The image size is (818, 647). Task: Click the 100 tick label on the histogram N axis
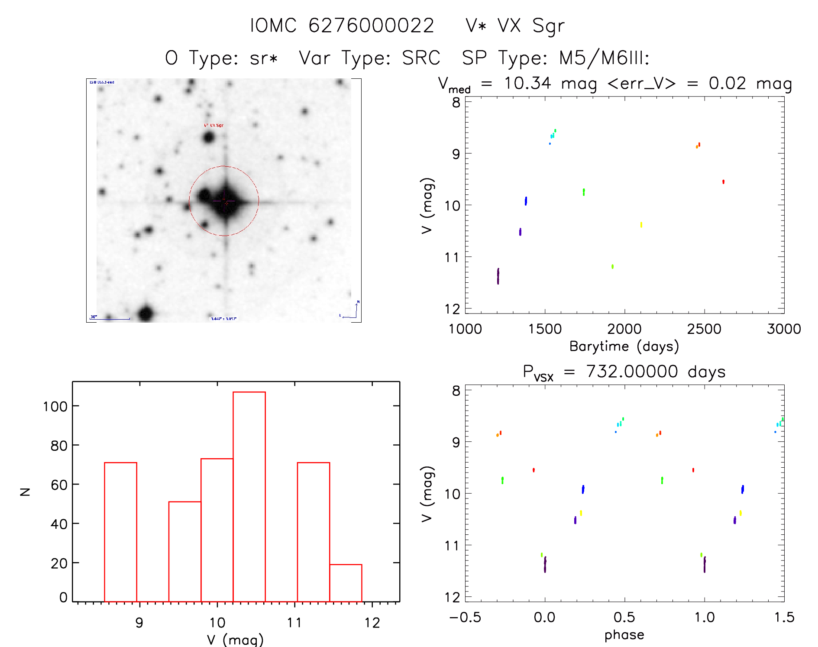coord(55,406)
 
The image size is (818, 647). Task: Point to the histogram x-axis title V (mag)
coord(235,639)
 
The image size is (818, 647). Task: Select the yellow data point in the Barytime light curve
coord(641,225)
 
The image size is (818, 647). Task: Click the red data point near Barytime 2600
coord(723,182)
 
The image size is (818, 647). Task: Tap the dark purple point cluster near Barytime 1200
coord(498,276)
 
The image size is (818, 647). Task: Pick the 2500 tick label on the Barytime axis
coord(704,329)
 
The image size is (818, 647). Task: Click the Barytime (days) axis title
coord(624,346)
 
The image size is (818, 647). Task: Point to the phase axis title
coord(624,635)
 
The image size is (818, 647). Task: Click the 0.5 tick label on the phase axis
coord(624,618)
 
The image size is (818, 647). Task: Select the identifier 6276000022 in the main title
coord(371,26)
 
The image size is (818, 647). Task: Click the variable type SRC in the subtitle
coord(421,58)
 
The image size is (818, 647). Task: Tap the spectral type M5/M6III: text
coord(604,58)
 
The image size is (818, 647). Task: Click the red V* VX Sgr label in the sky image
coord(214,125)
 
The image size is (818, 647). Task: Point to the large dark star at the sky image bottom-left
coord(146,313)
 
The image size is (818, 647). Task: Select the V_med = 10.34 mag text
coord(517,84)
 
